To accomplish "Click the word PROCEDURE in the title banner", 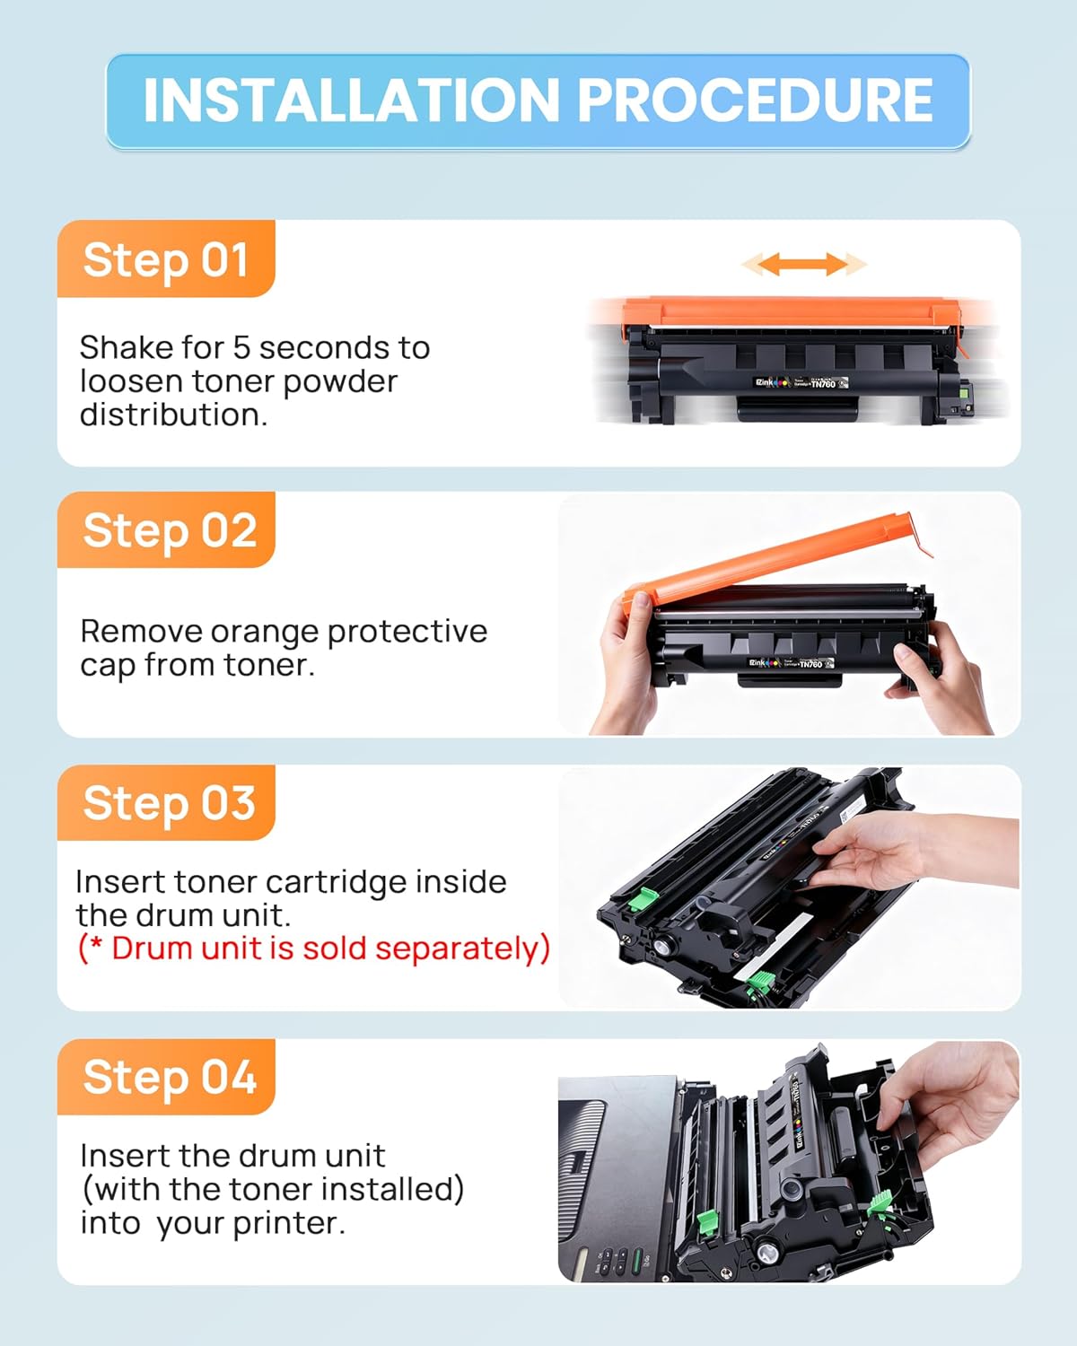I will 754,100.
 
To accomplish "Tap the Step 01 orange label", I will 166,260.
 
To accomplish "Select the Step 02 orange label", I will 169,530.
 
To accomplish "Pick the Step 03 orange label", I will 169,803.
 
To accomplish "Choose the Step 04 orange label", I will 169,1077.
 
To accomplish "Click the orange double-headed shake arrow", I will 803,264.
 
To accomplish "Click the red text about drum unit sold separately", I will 314,948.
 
